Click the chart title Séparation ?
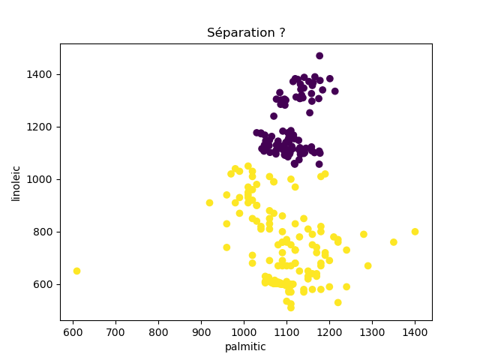[x=246, y=33]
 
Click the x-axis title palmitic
[x=245, y=346]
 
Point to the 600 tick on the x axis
[x=73, y=331]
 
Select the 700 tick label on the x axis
[x=115, y=331]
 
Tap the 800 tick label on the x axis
[x=158, y=331]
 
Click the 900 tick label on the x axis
[x=201, y=331]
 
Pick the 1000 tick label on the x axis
[x=244, y=331]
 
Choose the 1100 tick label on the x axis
[x=286, y=331]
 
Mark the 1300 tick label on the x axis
[x=372, y=331]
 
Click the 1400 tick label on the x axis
[x=415, y=331]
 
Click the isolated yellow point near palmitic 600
[x=76, y=271]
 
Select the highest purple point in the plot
[x=319, y=55]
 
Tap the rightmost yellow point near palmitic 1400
[x=415, y=232]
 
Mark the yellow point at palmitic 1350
[x=394, y=242]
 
